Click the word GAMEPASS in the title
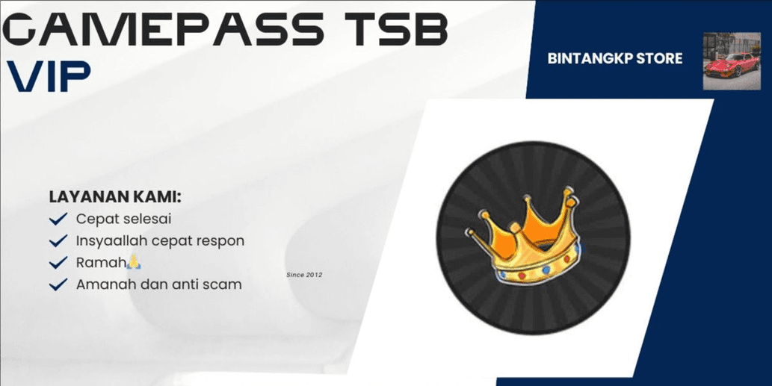click(x=163, y=29)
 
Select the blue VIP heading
click(x=49, y=76)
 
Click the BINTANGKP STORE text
click(x=615, y=58)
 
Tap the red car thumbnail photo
click(x=732, y=61)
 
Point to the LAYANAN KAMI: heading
click(x=116, y=197)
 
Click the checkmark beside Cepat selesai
click(x=58, y=219)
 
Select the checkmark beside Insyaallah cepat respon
click(x=58, y=241)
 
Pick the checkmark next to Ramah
click(x=58, y=263)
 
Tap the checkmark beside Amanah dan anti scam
click(x=58, y=284)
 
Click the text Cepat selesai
click(x=123, y=219)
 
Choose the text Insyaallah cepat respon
click(x=160, y=241)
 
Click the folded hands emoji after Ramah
click(x=134, y=262)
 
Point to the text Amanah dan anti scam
click(x=158, y=284)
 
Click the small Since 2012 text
click(x=304, y=275)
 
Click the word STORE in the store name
click(x=660, y=58)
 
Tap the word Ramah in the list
click(x=101, y=263)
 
